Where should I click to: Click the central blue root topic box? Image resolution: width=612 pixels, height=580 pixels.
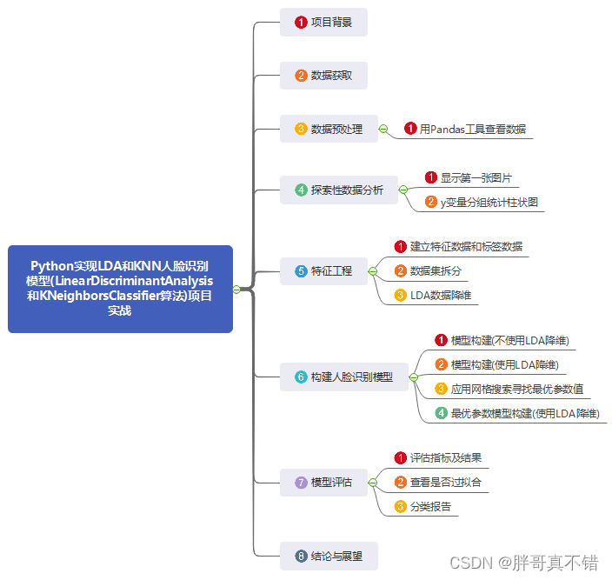[120, 289]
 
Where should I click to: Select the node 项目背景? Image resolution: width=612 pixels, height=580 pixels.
[323, 23]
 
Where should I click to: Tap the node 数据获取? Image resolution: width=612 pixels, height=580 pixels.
[323, 76]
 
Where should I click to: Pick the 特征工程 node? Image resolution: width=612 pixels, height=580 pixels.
[323, 270]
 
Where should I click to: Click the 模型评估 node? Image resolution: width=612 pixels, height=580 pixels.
[323, 482]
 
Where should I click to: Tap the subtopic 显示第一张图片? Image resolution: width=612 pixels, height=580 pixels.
[476, 177]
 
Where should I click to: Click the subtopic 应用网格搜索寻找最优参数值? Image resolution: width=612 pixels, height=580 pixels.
[517, 389]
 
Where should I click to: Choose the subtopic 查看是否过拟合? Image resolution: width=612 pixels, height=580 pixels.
[446, 482]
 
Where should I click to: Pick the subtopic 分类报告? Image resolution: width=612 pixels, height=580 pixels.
[430, 506]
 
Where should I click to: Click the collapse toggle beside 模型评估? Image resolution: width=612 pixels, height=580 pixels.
[372, 482]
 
